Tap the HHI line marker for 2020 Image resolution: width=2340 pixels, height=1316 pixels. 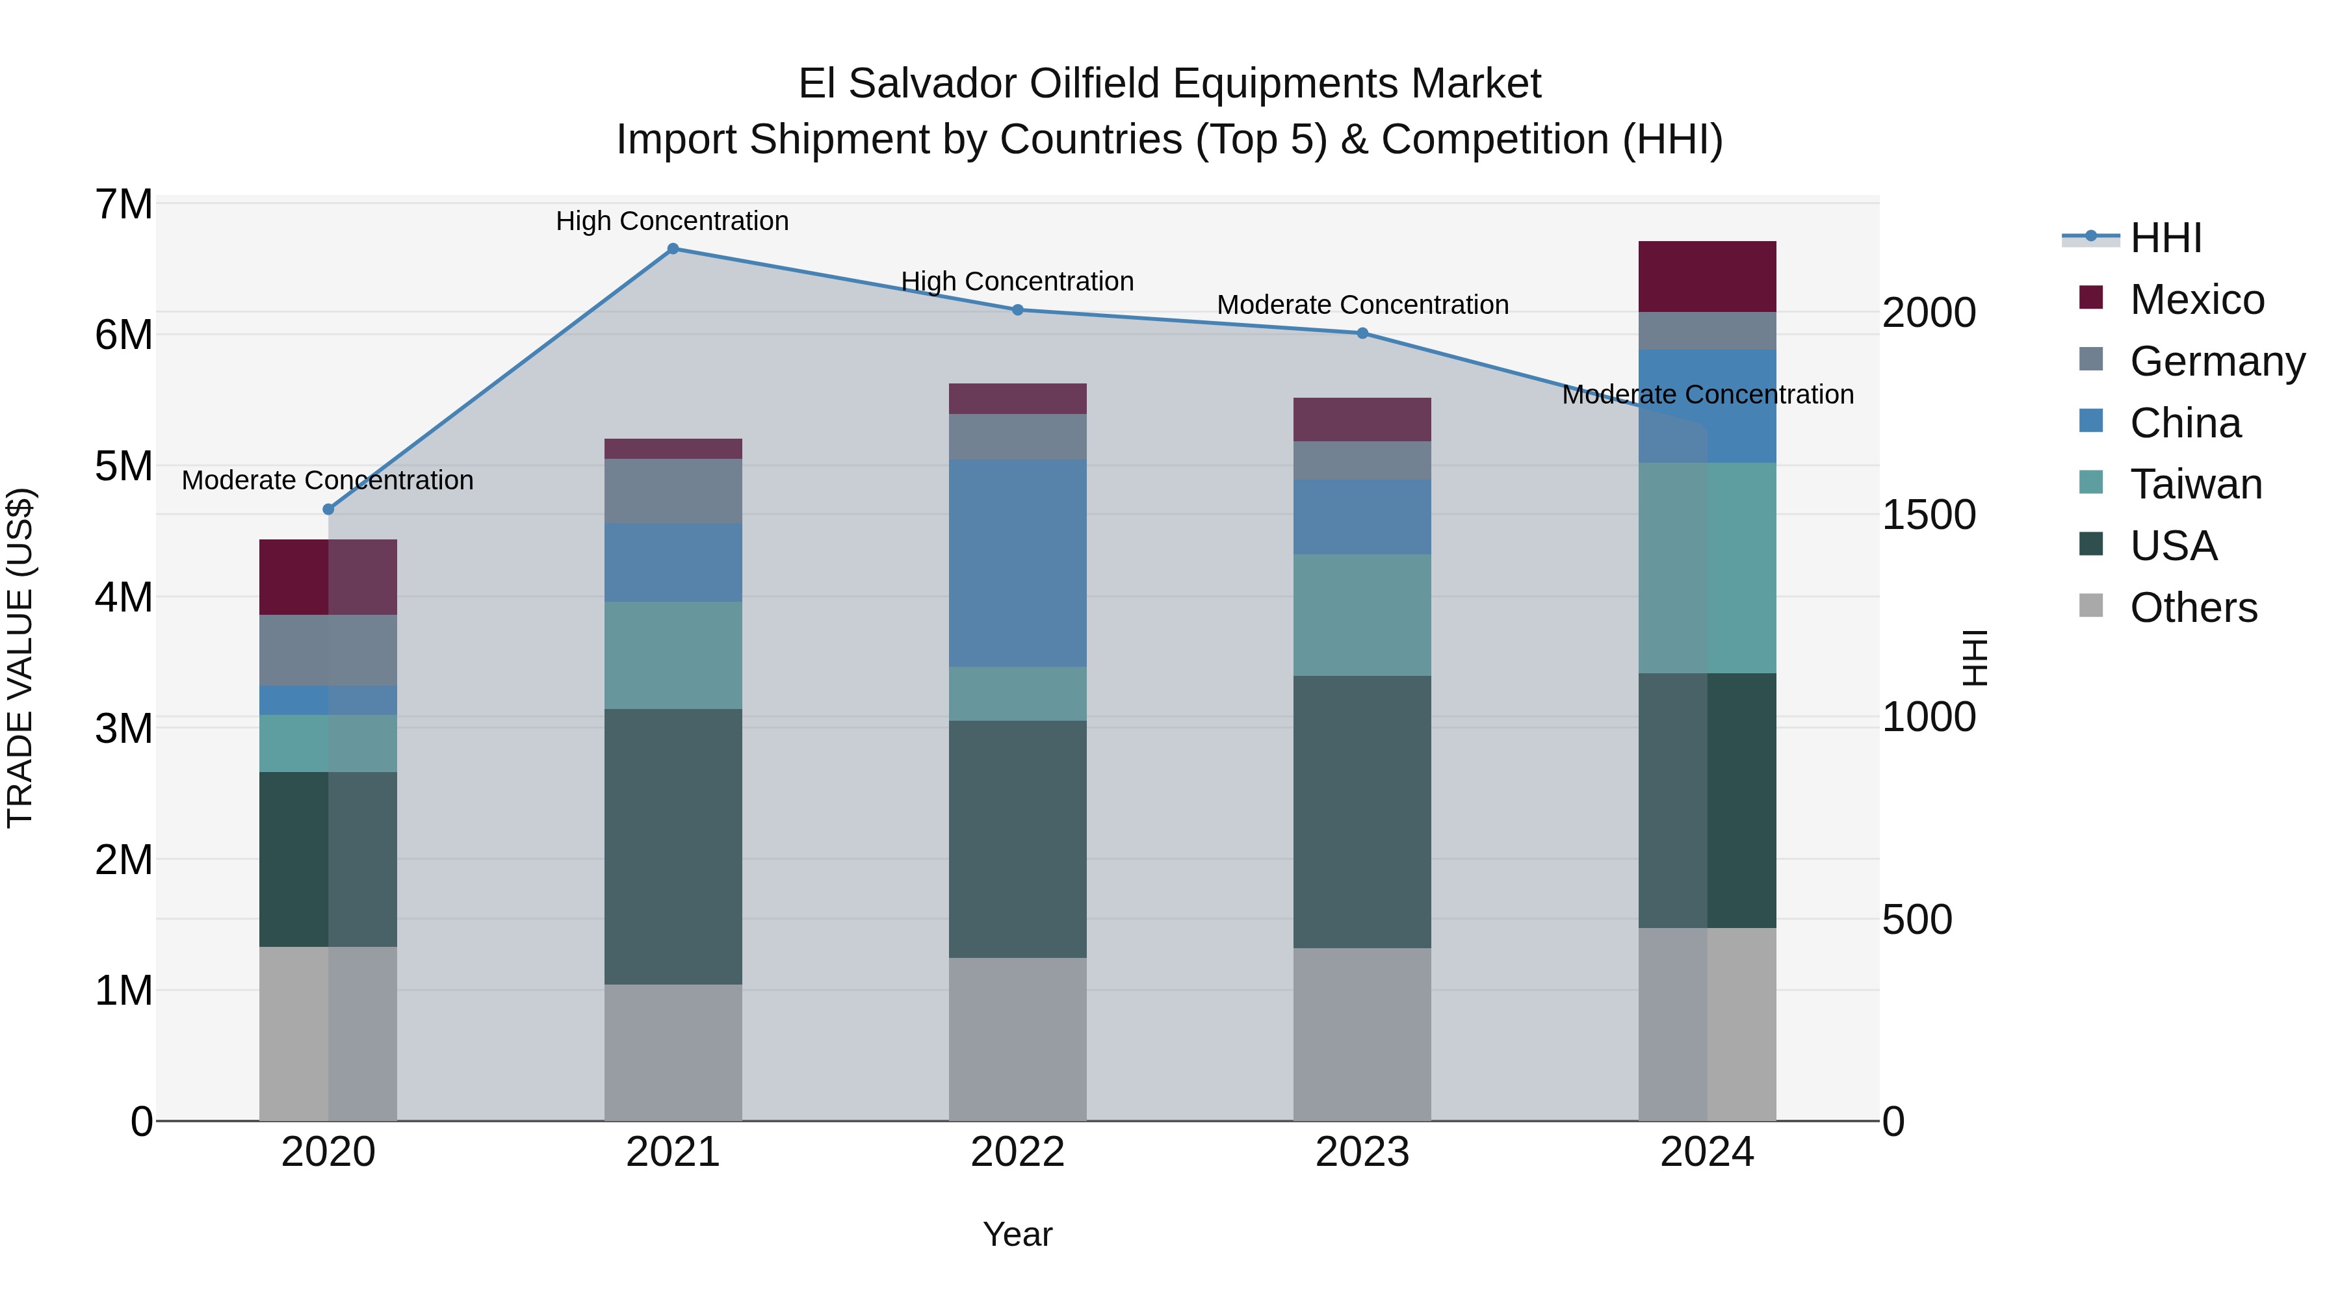[x=329, y=510]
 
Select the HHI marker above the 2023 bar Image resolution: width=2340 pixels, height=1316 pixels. [x=1362, y=333]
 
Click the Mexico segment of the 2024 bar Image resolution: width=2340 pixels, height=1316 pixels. [x=1707, y=277]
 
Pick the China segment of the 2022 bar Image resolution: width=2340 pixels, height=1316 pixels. [x=1017, y=563]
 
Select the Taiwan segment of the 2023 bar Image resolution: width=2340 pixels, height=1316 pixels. [x=1362, y=615]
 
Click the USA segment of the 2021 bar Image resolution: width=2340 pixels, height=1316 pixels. [x=673, y=846]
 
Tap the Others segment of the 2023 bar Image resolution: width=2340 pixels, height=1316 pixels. [x=1362, y=1035]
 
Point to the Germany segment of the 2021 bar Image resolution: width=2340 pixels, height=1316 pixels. [x=673, y=491]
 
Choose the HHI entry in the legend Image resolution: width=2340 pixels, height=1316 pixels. [x=2164, y=238]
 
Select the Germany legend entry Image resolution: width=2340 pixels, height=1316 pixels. [x=2216, y=361]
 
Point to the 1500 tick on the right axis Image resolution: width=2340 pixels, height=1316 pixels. [x=1929, y=515]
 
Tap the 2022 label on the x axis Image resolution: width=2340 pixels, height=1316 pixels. [x=1017, y=1152]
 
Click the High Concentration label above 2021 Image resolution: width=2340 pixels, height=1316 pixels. [x=672, y=221]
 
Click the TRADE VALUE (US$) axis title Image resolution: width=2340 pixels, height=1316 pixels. [x=20, y=658]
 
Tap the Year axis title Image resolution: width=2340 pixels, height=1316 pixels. [x=1017, y=1234]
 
